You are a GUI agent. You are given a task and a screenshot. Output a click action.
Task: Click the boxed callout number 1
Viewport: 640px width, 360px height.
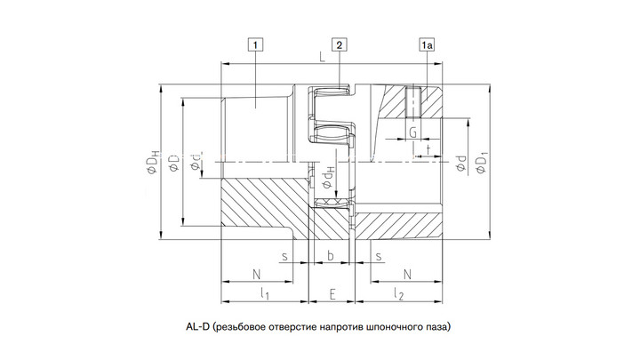[255, 44]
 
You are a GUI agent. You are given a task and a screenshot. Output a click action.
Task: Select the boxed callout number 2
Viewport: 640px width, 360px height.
[340, 44]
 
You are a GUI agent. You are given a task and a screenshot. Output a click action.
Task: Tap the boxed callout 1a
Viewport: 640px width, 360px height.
[427, 44]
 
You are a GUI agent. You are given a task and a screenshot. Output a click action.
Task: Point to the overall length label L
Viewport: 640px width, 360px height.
[323, 57]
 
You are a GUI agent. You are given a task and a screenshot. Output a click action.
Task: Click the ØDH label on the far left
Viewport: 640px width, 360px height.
[152, 162]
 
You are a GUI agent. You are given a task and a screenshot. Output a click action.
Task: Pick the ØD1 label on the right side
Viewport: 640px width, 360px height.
[482, 162]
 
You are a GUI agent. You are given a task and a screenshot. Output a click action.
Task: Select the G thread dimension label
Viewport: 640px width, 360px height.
[413, 132]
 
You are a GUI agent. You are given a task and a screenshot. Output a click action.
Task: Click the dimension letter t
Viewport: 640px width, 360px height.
[428, 149]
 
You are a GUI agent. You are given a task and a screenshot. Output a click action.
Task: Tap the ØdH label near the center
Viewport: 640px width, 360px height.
[328, 178]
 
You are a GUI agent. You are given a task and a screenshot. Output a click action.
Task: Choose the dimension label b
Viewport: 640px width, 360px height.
[331, 255]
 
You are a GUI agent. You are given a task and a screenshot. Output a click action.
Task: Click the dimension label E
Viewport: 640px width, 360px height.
[332, 294]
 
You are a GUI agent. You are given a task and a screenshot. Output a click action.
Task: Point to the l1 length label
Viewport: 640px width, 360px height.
[265, 294]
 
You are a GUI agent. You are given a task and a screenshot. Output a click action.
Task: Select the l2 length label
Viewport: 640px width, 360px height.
[398, 294]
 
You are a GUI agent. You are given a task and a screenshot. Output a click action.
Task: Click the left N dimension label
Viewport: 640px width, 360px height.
[256, 275]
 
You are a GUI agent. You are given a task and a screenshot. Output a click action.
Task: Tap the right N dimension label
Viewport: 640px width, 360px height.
[407, 275]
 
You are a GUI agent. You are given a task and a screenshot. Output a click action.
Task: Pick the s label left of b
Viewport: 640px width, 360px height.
[284, 256]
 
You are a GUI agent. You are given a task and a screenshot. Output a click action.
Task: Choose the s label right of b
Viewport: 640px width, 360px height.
[379, 256]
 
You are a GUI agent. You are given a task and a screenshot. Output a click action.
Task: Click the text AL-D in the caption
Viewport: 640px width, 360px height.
[197, 326]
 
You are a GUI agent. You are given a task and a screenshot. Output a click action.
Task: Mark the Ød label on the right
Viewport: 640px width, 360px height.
[461, 164]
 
